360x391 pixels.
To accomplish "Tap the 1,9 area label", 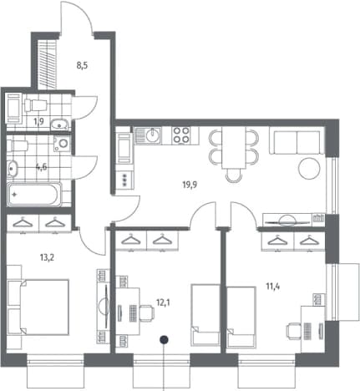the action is tap(39, 121).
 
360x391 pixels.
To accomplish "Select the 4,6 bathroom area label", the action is tap(42, 167).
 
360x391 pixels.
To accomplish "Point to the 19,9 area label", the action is tap(190, 185).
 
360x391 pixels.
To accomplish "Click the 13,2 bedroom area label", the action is tap(47, 257).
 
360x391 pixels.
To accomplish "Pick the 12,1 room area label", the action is tap(164, 302).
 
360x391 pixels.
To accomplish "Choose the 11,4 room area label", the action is tap(273, 287).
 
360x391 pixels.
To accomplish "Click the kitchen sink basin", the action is tap(153, 135).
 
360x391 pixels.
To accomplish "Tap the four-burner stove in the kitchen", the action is tap(181, 135).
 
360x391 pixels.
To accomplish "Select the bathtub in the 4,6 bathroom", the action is tap(34, 195).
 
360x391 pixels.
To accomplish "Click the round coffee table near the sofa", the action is tap(309, 169).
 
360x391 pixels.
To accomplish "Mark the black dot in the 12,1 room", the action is tap(165, 339).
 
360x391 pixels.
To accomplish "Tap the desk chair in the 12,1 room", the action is tap(146, 313).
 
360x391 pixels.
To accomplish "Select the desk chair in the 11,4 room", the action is tap(294, 331).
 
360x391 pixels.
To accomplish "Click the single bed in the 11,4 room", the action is tap(241, 317).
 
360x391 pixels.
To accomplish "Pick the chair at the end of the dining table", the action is tap(234, 175).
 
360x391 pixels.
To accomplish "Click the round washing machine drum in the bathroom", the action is tap(63, 144).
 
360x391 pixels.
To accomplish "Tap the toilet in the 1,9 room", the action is tap(35, 105).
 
